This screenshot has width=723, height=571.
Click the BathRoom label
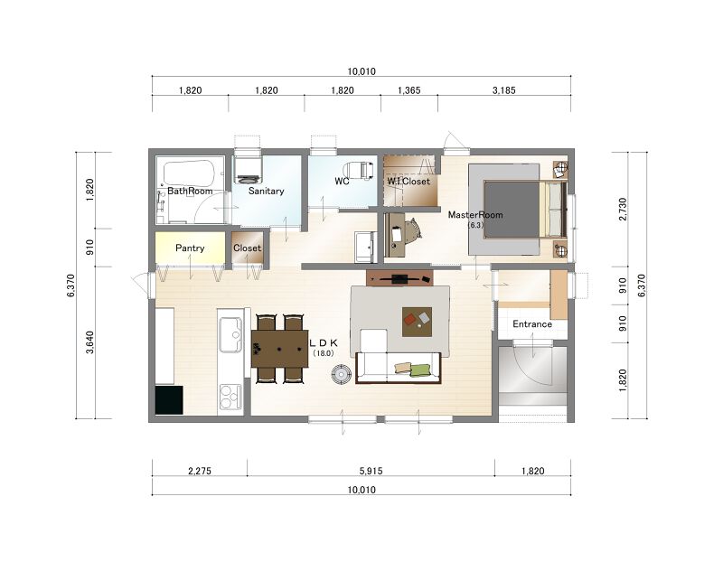tap(190, 191)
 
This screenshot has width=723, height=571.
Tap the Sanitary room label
tap(266, 191)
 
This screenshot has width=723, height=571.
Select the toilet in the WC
tap(360, 170)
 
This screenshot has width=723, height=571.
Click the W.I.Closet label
tap(408, 181)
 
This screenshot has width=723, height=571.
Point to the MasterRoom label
tap(475, 215)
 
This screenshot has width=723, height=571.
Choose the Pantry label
tap(190, 248)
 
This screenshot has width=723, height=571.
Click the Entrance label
tap(532, 324)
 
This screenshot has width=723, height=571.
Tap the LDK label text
tap(324, 343)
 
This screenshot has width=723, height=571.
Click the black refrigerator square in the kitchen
tap(169, 400)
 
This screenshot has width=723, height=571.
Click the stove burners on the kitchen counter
tap(230, 397)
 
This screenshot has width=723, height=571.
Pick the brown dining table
tap(279, 349)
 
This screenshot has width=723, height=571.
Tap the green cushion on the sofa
tap(419, 370)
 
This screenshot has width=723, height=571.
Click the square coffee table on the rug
tap(417, 322)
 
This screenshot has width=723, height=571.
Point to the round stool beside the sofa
tap(342, 374)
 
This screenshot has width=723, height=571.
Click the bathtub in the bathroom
tap(189, 173)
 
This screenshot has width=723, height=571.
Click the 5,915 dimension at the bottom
tap(371, 471)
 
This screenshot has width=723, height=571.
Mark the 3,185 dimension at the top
tap(504, 90)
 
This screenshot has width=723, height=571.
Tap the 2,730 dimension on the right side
tap(623, 209)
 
